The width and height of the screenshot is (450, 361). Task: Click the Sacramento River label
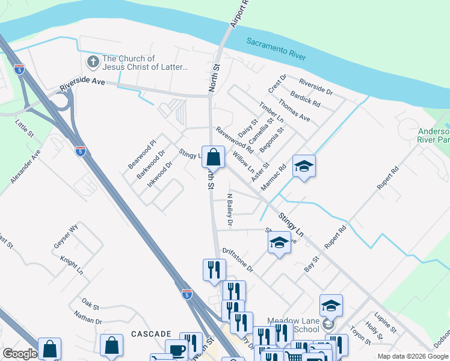[x=276, y=48]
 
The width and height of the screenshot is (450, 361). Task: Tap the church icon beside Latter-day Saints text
[x=93, y=61]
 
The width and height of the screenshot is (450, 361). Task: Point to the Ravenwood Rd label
[x=235, y=140]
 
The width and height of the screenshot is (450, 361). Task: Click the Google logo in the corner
[x=19, y=354]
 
